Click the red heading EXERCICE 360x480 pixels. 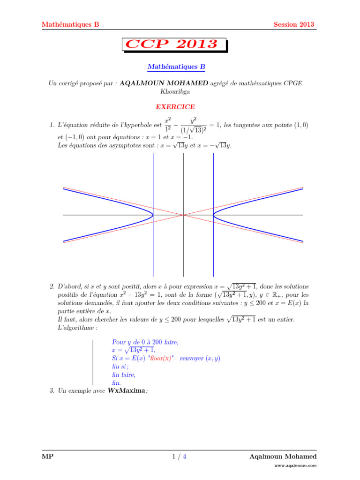point(176,107)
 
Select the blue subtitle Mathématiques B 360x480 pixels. point(176,67)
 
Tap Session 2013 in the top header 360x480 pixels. point(294,25)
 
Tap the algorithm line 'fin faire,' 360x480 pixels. point(124,375)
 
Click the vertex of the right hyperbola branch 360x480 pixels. point(213,215)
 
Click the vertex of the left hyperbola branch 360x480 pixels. point(153,215)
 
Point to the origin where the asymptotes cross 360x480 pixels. point(183,215)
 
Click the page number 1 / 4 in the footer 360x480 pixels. point(180,457)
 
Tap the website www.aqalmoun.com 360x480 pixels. point(296,466)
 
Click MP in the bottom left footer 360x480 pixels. point(47,457)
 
